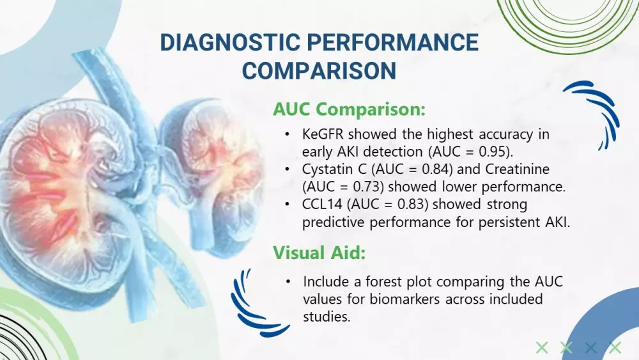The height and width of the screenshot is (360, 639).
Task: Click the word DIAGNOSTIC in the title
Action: click(230, 42)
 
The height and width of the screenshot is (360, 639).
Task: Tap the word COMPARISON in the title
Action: click(319, 70)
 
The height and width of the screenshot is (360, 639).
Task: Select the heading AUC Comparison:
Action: click(350, 109)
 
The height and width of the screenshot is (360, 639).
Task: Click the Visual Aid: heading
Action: click(319, 253)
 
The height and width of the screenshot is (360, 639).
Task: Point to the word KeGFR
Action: click(323, 134)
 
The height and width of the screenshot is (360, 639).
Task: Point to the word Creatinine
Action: click(517, 169)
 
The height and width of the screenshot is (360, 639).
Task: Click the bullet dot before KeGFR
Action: click(288, 134)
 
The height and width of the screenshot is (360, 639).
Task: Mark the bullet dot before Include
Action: click(288, 282)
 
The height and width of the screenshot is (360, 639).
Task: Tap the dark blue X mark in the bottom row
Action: click(591, 348)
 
